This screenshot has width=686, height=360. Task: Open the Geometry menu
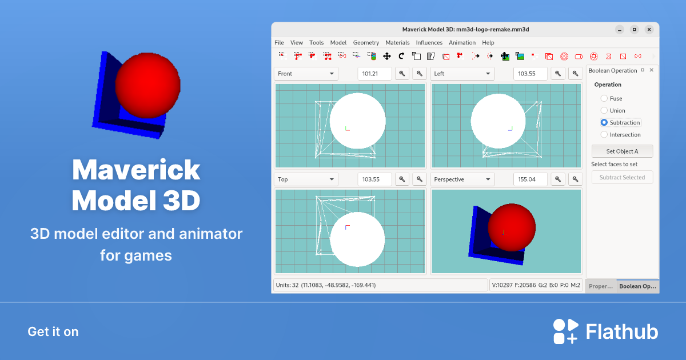coord(366,42)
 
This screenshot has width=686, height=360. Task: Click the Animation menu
coord(462,42)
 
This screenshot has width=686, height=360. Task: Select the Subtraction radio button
coord(604,122)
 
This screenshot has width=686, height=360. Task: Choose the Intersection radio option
coord(604,134)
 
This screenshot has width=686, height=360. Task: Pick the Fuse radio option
coord(604,98)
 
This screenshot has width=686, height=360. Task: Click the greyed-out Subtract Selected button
coord(622,177)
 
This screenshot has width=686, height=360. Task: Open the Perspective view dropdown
coord(462,179)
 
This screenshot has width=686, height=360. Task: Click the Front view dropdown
coord(306,74)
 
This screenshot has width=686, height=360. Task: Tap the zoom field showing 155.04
coord(530,179)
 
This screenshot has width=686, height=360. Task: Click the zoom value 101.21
coord(374,74)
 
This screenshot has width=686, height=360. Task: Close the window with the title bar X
coord(649,29)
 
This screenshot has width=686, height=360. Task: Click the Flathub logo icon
coord(565,331)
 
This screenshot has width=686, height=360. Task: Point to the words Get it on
coord(53,331)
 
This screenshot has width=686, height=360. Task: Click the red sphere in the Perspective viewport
coord(512,227)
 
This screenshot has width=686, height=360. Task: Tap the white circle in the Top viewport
coord(357,239)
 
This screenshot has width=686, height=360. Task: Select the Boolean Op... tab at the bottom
coord(637,286)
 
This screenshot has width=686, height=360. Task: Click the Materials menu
coord(397,42)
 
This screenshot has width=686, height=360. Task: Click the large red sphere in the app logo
coord(147,85)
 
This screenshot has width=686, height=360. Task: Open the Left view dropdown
coord(462,74)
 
